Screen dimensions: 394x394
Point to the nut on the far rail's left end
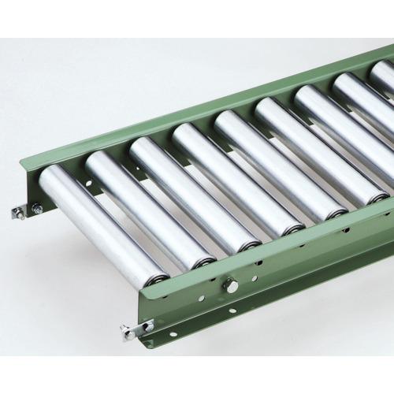tap(36, 209)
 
